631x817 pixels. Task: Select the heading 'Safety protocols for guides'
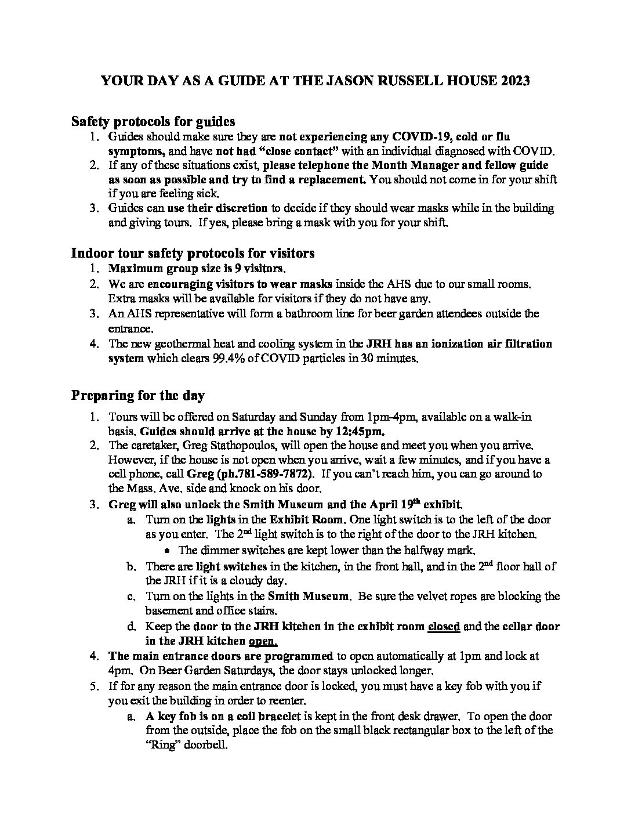pos(153,121)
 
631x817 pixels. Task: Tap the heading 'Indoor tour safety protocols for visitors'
pos(193,254)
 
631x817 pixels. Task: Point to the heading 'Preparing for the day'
pos(138,396)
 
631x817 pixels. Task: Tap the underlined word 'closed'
pos(444,627)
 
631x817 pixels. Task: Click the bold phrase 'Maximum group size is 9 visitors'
pos(197,269)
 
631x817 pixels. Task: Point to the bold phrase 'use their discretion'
pos(217,208)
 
